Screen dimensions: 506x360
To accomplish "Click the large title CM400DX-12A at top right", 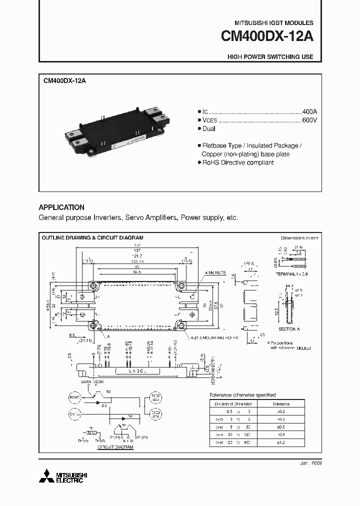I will coord(267,38).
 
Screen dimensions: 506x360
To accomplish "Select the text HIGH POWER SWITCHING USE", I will coord(270,57).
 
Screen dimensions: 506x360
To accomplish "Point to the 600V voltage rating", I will coord(309,120).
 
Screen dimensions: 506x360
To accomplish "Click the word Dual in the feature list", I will coord(208,129).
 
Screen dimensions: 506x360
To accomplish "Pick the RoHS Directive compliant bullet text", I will coord(237,163).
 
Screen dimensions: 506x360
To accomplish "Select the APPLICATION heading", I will coord(61,207).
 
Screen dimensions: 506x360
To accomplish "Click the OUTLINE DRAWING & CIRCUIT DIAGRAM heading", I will coord(92,238).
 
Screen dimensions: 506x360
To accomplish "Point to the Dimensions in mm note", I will coord(299,238).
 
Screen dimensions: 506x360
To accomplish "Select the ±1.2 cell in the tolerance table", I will coord(281,442).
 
